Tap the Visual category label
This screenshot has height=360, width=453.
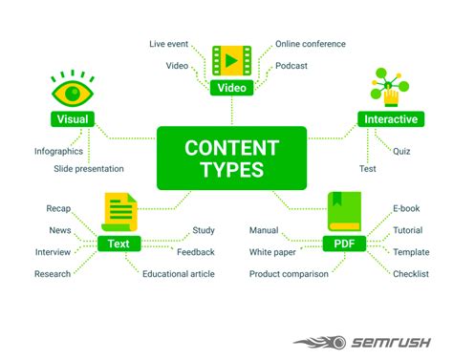click(73, 119)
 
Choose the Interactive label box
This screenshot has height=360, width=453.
click(389, 119)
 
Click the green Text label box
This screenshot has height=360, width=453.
click(119, 244)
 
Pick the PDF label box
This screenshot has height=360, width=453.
click(343, 244)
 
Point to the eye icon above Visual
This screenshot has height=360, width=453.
click(73, 92)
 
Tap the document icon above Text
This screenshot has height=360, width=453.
click(119, 212)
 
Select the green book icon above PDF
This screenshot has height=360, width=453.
click(342, 212)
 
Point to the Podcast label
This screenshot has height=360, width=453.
click(291, 66)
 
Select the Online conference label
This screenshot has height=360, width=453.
click(311, 44)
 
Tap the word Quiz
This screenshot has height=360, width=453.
click(402, 150)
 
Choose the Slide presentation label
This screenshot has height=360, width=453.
click(89, 169)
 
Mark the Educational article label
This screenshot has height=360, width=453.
click(179, 274)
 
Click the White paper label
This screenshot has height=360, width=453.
click(271, 252)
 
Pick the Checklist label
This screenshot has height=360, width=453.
click(410, 274)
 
